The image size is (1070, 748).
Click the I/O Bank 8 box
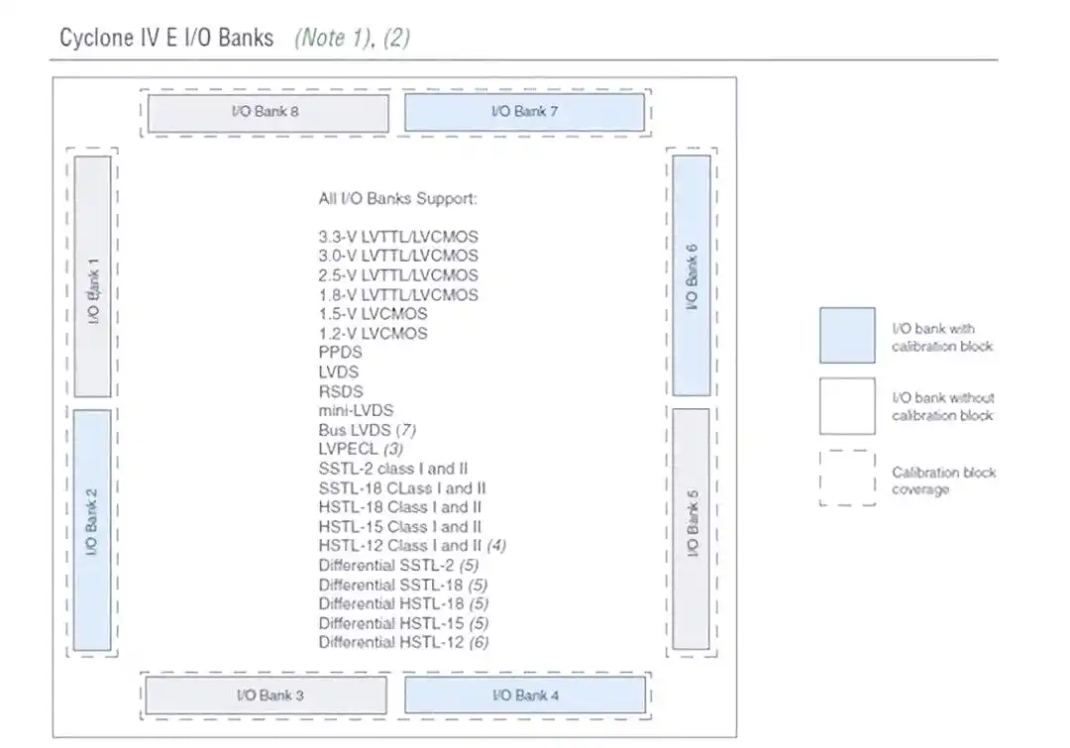point(267,112)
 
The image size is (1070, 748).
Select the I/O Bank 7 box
point(524,112)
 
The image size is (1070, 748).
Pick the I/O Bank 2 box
point(92,530)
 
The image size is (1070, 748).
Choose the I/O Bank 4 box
point(524,695)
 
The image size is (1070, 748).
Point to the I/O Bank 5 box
point(692,530)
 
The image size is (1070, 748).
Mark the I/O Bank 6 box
point(692,276)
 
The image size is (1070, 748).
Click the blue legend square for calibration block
point(846,335)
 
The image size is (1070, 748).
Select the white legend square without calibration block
point(846,405)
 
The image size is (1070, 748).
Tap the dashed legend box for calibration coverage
point(846,479)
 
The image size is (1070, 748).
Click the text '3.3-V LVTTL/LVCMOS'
point(398,237)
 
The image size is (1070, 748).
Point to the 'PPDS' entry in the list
point(340,353)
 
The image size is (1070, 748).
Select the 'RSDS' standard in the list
point(340,391)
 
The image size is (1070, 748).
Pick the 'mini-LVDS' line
point(356,410)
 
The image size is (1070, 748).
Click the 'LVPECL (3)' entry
point(361,449)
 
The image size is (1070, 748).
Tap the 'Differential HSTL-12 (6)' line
point(403,642)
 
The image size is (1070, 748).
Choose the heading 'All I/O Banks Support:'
point(397,198)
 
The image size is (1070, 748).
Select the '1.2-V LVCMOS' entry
point(373,333)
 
